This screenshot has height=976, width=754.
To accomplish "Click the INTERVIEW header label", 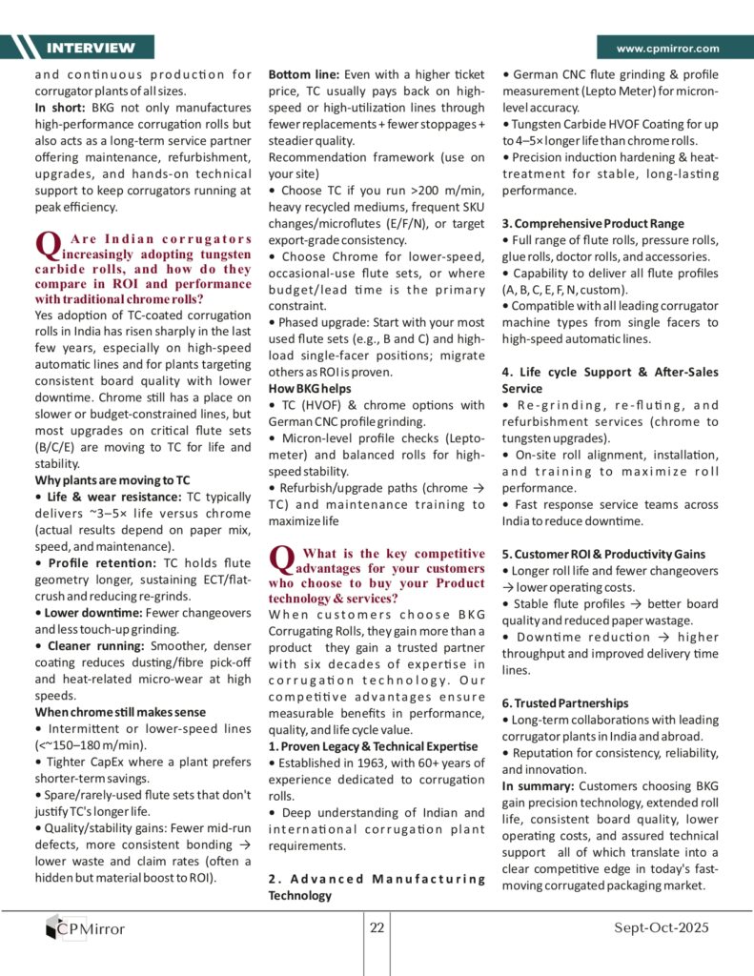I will pyautogui.click(x=91, y=48).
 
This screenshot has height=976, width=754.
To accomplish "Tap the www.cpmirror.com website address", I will pyautogui.click(x=667, y=48).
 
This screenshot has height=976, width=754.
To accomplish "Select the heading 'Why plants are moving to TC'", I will pyautogui.click(x=112, y=479).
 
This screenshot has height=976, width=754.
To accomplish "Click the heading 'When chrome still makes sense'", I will pyautogui.click(x=119, y=712).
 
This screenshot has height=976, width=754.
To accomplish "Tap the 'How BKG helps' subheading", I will pyautogui.click(x=310, y=388).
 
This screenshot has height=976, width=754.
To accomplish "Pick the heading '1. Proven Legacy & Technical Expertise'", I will pyautogui.click(x=374, y=745).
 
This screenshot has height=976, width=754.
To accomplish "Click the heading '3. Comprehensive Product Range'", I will pyautogui.click(x=591, y=223).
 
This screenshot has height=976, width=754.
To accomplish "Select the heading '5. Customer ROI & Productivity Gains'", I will pyautogui.click(x=603, y=554).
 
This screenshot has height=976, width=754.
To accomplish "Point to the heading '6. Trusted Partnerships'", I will pyautogui.click(x=565, y=702).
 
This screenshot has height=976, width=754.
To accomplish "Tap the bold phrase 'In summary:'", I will pyautogui.click(x=538, y=786).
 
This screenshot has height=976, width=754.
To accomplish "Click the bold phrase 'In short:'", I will pyautogui.click(x=59, y=108).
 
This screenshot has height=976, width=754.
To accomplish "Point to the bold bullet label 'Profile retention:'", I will pyautogui.click(x=94, y=562).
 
